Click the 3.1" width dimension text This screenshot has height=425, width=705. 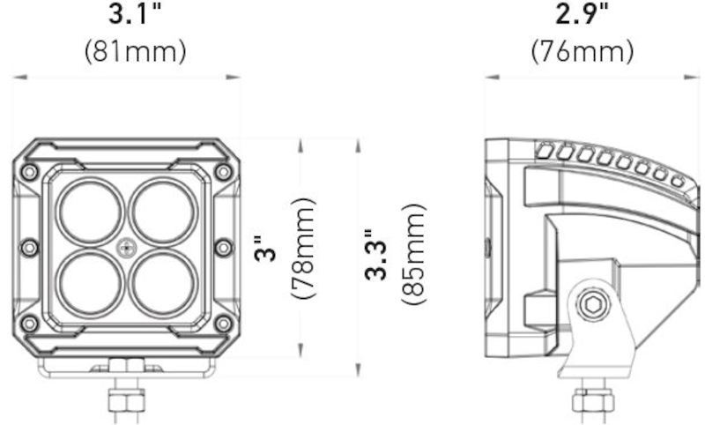point(135,15)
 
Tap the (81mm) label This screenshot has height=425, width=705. point(135,51)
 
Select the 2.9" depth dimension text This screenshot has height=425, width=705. point(583,15)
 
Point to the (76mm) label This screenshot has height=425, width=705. point(583,51)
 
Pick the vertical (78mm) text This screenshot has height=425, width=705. point(305,249)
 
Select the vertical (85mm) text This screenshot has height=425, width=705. point(414,255)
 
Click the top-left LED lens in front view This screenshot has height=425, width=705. point(91,212)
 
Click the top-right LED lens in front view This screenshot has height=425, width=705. point(163,212)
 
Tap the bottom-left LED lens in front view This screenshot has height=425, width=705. point(91,284)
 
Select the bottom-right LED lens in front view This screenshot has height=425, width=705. point(163,284)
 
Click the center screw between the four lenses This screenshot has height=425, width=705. point(127,248)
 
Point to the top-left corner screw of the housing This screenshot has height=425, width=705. point(30,171)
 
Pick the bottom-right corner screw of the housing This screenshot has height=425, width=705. point(223,324)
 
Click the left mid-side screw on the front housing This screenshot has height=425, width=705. point(30,248)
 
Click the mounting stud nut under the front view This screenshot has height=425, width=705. point(120,402)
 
